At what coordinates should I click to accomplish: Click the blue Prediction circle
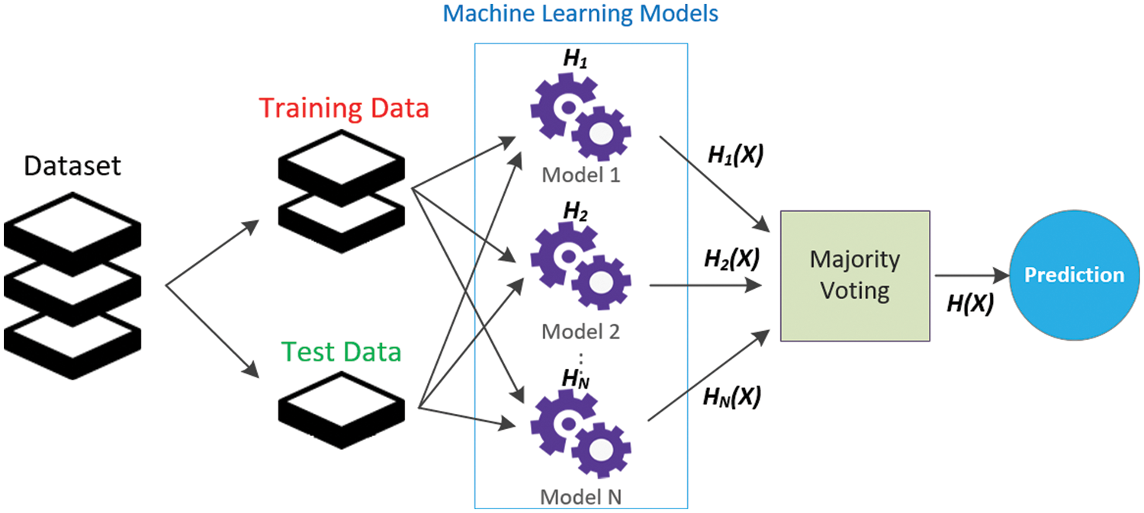[x=1074, y=275]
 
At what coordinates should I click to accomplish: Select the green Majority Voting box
[x=855, y=276]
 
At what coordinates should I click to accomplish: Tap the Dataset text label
[x=72, y=166]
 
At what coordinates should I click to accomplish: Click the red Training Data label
[x=344, y=108]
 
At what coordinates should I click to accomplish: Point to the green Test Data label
[x=341, y=351]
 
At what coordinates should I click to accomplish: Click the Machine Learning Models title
[x=580, y=13]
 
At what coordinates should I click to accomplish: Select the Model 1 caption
[x=580, y=175]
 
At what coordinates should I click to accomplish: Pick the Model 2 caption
[x=580, y=332]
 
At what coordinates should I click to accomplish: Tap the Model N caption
[x=580, y=497]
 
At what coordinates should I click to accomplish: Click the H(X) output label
[x=970, y=303]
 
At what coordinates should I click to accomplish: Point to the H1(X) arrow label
[x=735, y=155]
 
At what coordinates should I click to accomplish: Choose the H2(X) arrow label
[x=732, y=259]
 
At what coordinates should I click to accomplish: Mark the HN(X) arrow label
[x=732, y=396]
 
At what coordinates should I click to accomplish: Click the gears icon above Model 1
[x=580, y=117]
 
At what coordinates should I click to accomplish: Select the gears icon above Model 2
[x=580, y=265]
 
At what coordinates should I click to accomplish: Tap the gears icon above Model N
[x=580, y=434]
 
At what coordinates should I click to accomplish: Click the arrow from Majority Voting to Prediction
[x=972, y=276]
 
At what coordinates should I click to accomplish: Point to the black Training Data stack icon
[x=341, y=191]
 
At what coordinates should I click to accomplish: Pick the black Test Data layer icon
[x=341, y=410]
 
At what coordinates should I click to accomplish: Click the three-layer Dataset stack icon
[x=72, y=286]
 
